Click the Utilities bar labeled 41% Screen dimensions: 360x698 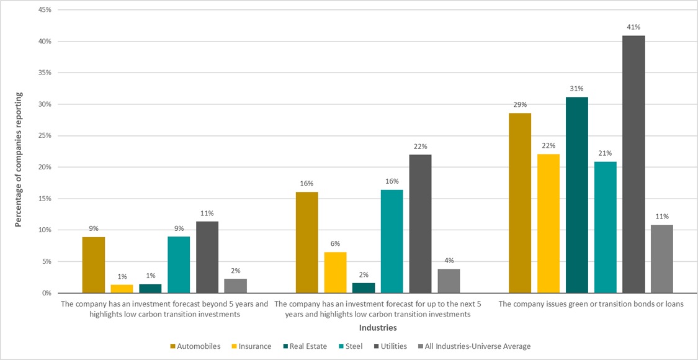(x=633, y=164)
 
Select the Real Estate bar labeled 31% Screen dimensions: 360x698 (x=576, y=195)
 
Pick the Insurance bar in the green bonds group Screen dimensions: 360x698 (x=548, y=223)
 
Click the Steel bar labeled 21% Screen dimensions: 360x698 (x=605, y=227)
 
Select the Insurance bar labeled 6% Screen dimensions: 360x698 (x=335, y=272)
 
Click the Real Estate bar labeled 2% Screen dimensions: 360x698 (x=364, y=288)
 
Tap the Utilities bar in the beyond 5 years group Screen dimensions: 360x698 (x=207, y=257)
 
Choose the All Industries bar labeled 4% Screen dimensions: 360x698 (x=449, y=281)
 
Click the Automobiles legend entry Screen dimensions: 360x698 (x=195, y=346)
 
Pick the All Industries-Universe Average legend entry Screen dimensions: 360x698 (x=474, y=346)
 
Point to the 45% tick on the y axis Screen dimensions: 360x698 (x=43, y=10)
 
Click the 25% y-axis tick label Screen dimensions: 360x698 (x=43, y=136)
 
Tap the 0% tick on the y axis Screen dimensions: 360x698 (x=45, y=293)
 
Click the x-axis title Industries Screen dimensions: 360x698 (x=378, y=327)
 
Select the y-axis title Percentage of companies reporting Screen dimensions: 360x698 (x=19, y=160)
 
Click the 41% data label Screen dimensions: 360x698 (x=633, y=27)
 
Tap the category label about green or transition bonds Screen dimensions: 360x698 (x=591, y=304)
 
